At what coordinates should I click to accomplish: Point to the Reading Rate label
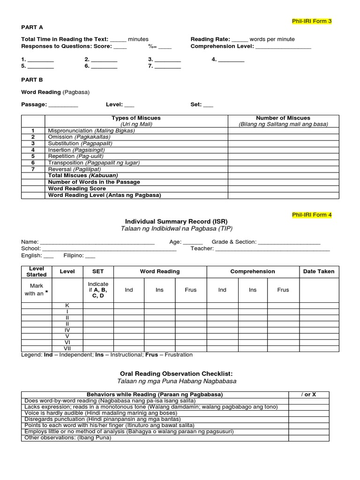coord(210,39)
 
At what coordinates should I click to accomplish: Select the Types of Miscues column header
coord(136,118)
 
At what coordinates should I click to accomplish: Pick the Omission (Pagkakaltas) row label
coord(75,137)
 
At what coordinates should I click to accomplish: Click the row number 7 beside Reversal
coord(33,169)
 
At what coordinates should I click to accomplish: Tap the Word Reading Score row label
coord(77,188)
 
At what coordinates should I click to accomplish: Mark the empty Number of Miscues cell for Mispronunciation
coord(283,131)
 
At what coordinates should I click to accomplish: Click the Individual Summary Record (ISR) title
coord(176,221)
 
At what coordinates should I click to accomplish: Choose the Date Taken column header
coord(319,271)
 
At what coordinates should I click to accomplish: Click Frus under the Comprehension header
coord(283,290)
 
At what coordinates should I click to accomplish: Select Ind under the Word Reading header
coord(129,290)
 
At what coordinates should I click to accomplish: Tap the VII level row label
coord(67,348)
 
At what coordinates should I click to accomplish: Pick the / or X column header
coord(308,394)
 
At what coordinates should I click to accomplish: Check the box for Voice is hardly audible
coord(308,413)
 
